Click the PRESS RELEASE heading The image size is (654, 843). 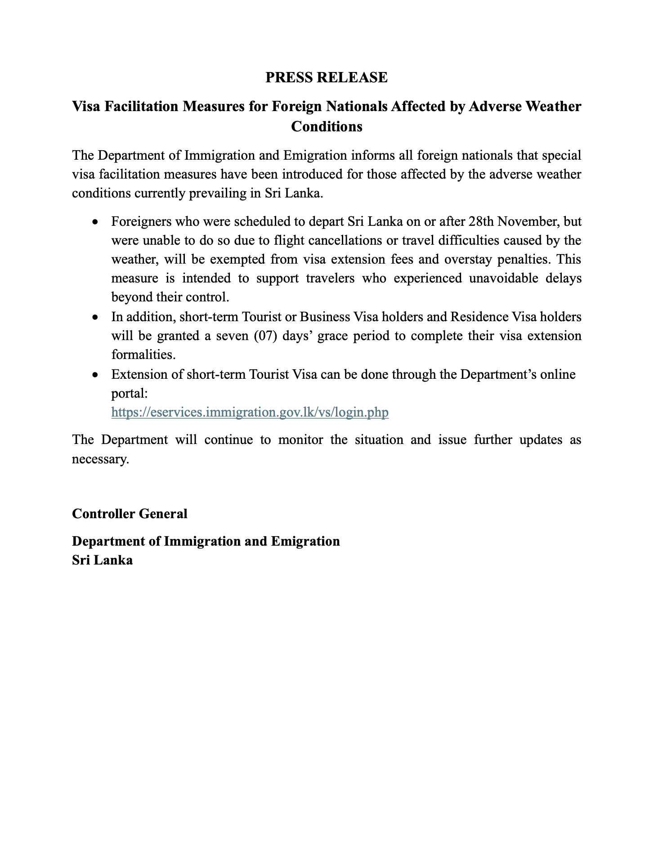tap(326, 77)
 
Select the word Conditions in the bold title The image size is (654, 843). tap(327, 126)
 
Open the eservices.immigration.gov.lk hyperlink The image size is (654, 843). tap(250, 412)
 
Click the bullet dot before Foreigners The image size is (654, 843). tap(95, 222)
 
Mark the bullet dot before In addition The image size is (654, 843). tap(95, 318)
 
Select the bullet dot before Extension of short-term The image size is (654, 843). tap(95, 375)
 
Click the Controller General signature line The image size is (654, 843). tap(130, 513)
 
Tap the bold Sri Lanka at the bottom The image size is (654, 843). tap(102, 560)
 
